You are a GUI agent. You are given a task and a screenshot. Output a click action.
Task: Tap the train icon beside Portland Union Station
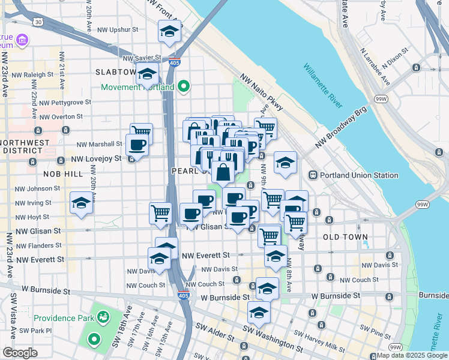tap(313, 175)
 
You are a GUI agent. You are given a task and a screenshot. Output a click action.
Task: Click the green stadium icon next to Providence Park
tap(104, 316)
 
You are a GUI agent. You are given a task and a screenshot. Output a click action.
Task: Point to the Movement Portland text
tap(137, 87)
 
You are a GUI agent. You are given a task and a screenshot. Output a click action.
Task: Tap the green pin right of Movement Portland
tap(184, 87)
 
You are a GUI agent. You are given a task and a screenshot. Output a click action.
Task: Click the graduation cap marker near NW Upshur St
tap(169, 31)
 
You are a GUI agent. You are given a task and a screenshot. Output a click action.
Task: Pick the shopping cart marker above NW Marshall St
tap(141, 131)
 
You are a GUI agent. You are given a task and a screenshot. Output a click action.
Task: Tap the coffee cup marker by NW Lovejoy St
tap(137, 145)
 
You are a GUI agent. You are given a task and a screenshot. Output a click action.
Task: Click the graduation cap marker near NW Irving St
tap(81, 203)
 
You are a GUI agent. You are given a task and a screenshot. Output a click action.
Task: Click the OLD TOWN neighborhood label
tap(345, 237)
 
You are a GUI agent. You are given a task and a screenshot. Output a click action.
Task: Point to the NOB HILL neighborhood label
tap(62, 173)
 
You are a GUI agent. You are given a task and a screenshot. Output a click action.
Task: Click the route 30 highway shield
tap(38, 22)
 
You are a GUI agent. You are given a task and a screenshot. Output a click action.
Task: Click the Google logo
tap(20, 353)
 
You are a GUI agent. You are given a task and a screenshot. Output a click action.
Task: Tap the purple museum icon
tap(22, 41)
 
